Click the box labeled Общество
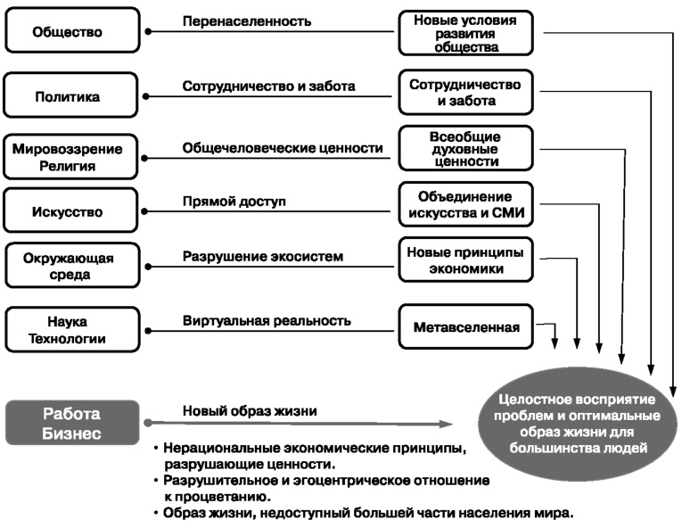(72, 31)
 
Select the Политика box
(72, 95)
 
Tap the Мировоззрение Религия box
(72, 157)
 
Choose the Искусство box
(72, 212)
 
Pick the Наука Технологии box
(72, 329)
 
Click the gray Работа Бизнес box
(72, 423)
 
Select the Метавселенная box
(465, 327)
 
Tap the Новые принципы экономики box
(465, 260)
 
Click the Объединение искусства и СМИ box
(465, 202)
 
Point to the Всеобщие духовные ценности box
(465, 149)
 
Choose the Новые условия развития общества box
(465, 33)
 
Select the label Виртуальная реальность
(267, 319)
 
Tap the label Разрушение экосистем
(263, 257)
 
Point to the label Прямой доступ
(234, 202)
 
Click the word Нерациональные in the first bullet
(218, 447)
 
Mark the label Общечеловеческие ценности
(283, 148)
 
